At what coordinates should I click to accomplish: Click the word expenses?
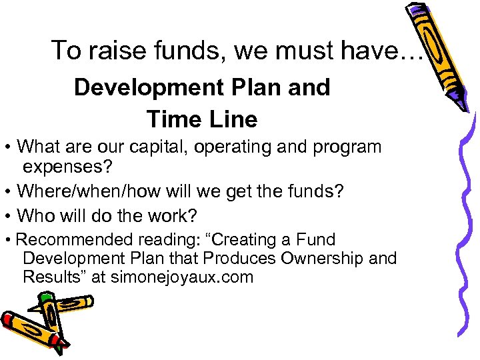click(x=68, y=166)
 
